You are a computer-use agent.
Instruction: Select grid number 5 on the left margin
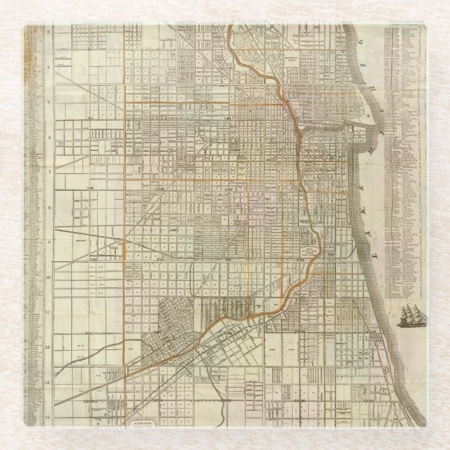[x=49, y=101]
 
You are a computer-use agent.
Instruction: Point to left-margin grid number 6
[x=49, y=136]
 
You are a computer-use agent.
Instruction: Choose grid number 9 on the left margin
[x=49, y=241]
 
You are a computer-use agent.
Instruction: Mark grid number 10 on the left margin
[x=49, y=277]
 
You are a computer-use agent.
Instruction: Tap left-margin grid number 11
[x=49, y=312]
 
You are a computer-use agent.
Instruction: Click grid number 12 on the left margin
[x=49, y=347]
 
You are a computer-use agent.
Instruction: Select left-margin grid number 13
[x=49, y=383]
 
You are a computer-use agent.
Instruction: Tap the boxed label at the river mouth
[x=358, y=131]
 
